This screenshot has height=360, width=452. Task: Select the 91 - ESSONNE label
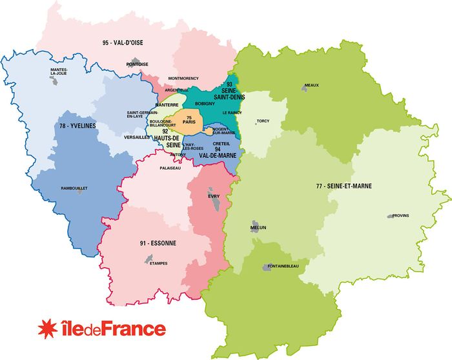(x=159, y=243)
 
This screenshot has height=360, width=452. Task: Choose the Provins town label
(x=400, y=215)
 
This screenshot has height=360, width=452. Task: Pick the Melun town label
(x=258, y=228)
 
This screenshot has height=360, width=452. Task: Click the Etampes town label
(x=158, y=263)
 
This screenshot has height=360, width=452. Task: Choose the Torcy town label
(x=262, y=121)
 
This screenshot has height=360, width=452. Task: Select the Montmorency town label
(x=183, y=78)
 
